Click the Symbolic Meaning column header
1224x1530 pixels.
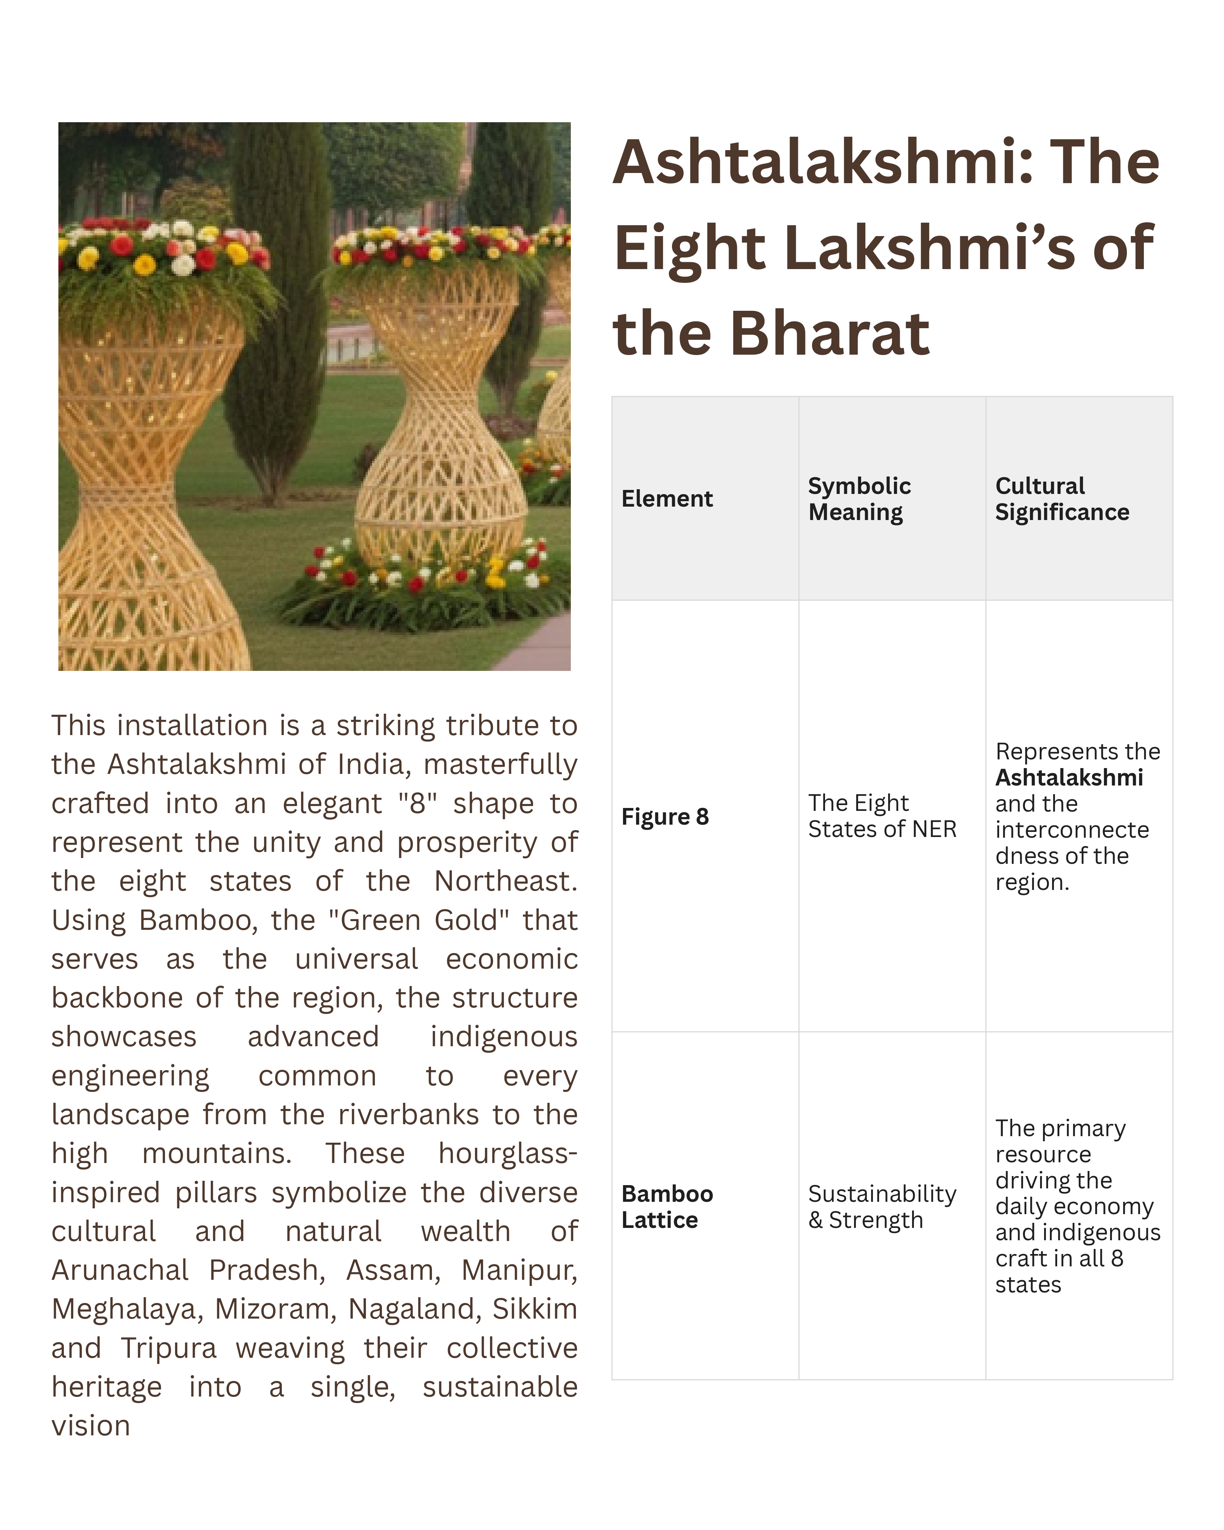tap(858, 499)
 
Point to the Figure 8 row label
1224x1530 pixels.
tap(665, 817)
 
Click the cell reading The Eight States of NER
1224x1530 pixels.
tap(882, 816)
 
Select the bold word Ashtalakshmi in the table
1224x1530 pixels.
tap(1069, 778)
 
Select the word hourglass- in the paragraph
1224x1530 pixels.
tap(507, 1154)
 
